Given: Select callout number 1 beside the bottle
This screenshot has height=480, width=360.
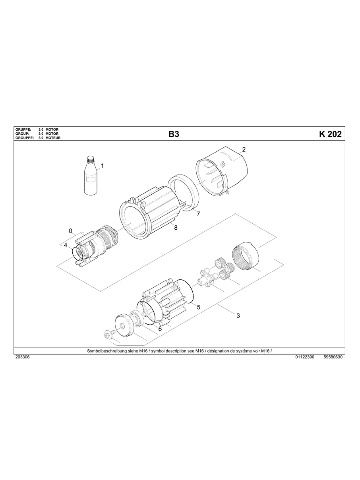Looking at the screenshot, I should click(x=103, y=166).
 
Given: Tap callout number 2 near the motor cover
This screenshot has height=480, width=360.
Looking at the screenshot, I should click(x=244, y=150).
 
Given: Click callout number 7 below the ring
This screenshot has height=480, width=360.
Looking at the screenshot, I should click(x=198, y=214).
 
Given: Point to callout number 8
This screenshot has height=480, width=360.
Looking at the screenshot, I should click(x=175, y=228).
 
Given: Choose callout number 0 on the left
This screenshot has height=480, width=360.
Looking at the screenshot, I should click(x=70, y=231).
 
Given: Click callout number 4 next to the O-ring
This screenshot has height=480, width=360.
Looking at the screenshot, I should click(x=66, y=246).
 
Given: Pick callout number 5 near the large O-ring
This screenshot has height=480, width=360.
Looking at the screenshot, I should click(x=198, y=307).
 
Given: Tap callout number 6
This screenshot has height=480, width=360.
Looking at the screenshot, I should click(x=160, y=329).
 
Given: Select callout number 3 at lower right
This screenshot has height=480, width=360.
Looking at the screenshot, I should click(x=238, y=316).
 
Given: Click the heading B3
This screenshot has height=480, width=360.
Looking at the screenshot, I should click(x=174, y=134).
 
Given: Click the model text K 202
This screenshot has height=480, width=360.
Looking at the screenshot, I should click(x=330, y=134).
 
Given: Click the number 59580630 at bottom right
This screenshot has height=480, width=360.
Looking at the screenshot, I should click(x=333, y=357).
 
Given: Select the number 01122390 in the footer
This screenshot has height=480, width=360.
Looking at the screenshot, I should click(x=305, y=357).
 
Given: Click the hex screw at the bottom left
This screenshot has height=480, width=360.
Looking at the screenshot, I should click(x=107, y=335).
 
